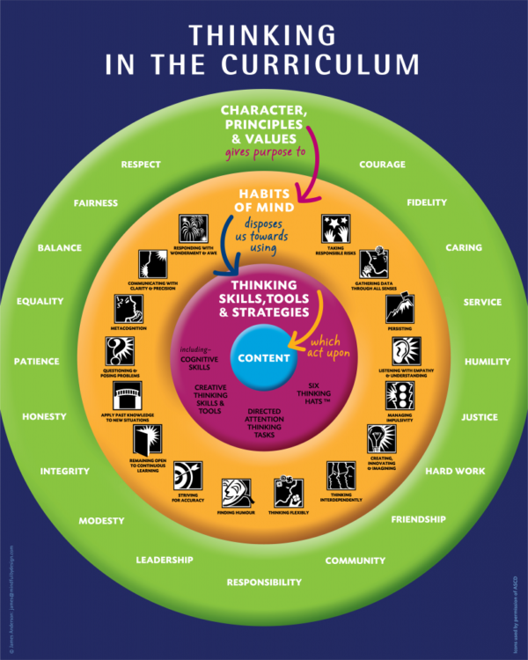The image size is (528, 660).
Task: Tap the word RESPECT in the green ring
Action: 141,164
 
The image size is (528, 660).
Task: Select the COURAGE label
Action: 383,164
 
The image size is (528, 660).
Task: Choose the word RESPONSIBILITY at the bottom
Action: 264,582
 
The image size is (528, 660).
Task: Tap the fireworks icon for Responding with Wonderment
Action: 192,228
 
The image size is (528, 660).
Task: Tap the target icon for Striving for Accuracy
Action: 187,474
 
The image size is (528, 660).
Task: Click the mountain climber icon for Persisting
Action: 400,309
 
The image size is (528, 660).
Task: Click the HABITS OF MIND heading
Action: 263,201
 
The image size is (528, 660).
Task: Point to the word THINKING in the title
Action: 263,35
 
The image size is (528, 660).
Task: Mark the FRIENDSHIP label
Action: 418,519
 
